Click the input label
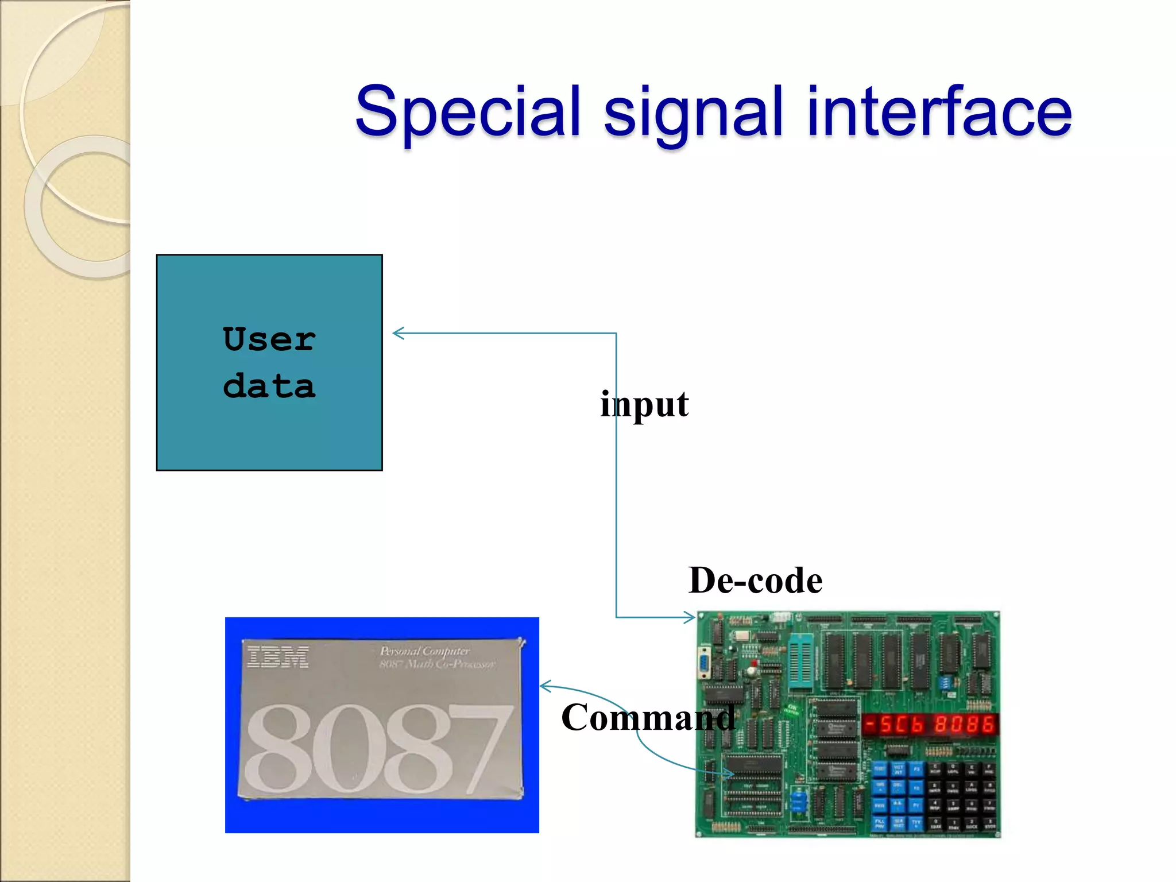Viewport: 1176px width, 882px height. (644, 404)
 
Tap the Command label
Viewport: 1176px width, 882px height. (648, 717)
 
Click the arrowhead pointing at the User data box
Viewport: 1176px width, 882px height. (398, 333)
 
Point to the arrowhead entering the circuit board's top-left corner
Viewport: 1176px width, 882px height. (690, 617)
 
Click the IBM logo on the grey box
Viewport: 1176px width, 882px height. (278, 657)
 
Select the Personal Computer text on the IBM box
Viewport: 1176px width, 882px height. (425, 651)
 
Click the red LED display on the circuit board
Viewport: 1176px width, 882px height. (930, 724)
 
